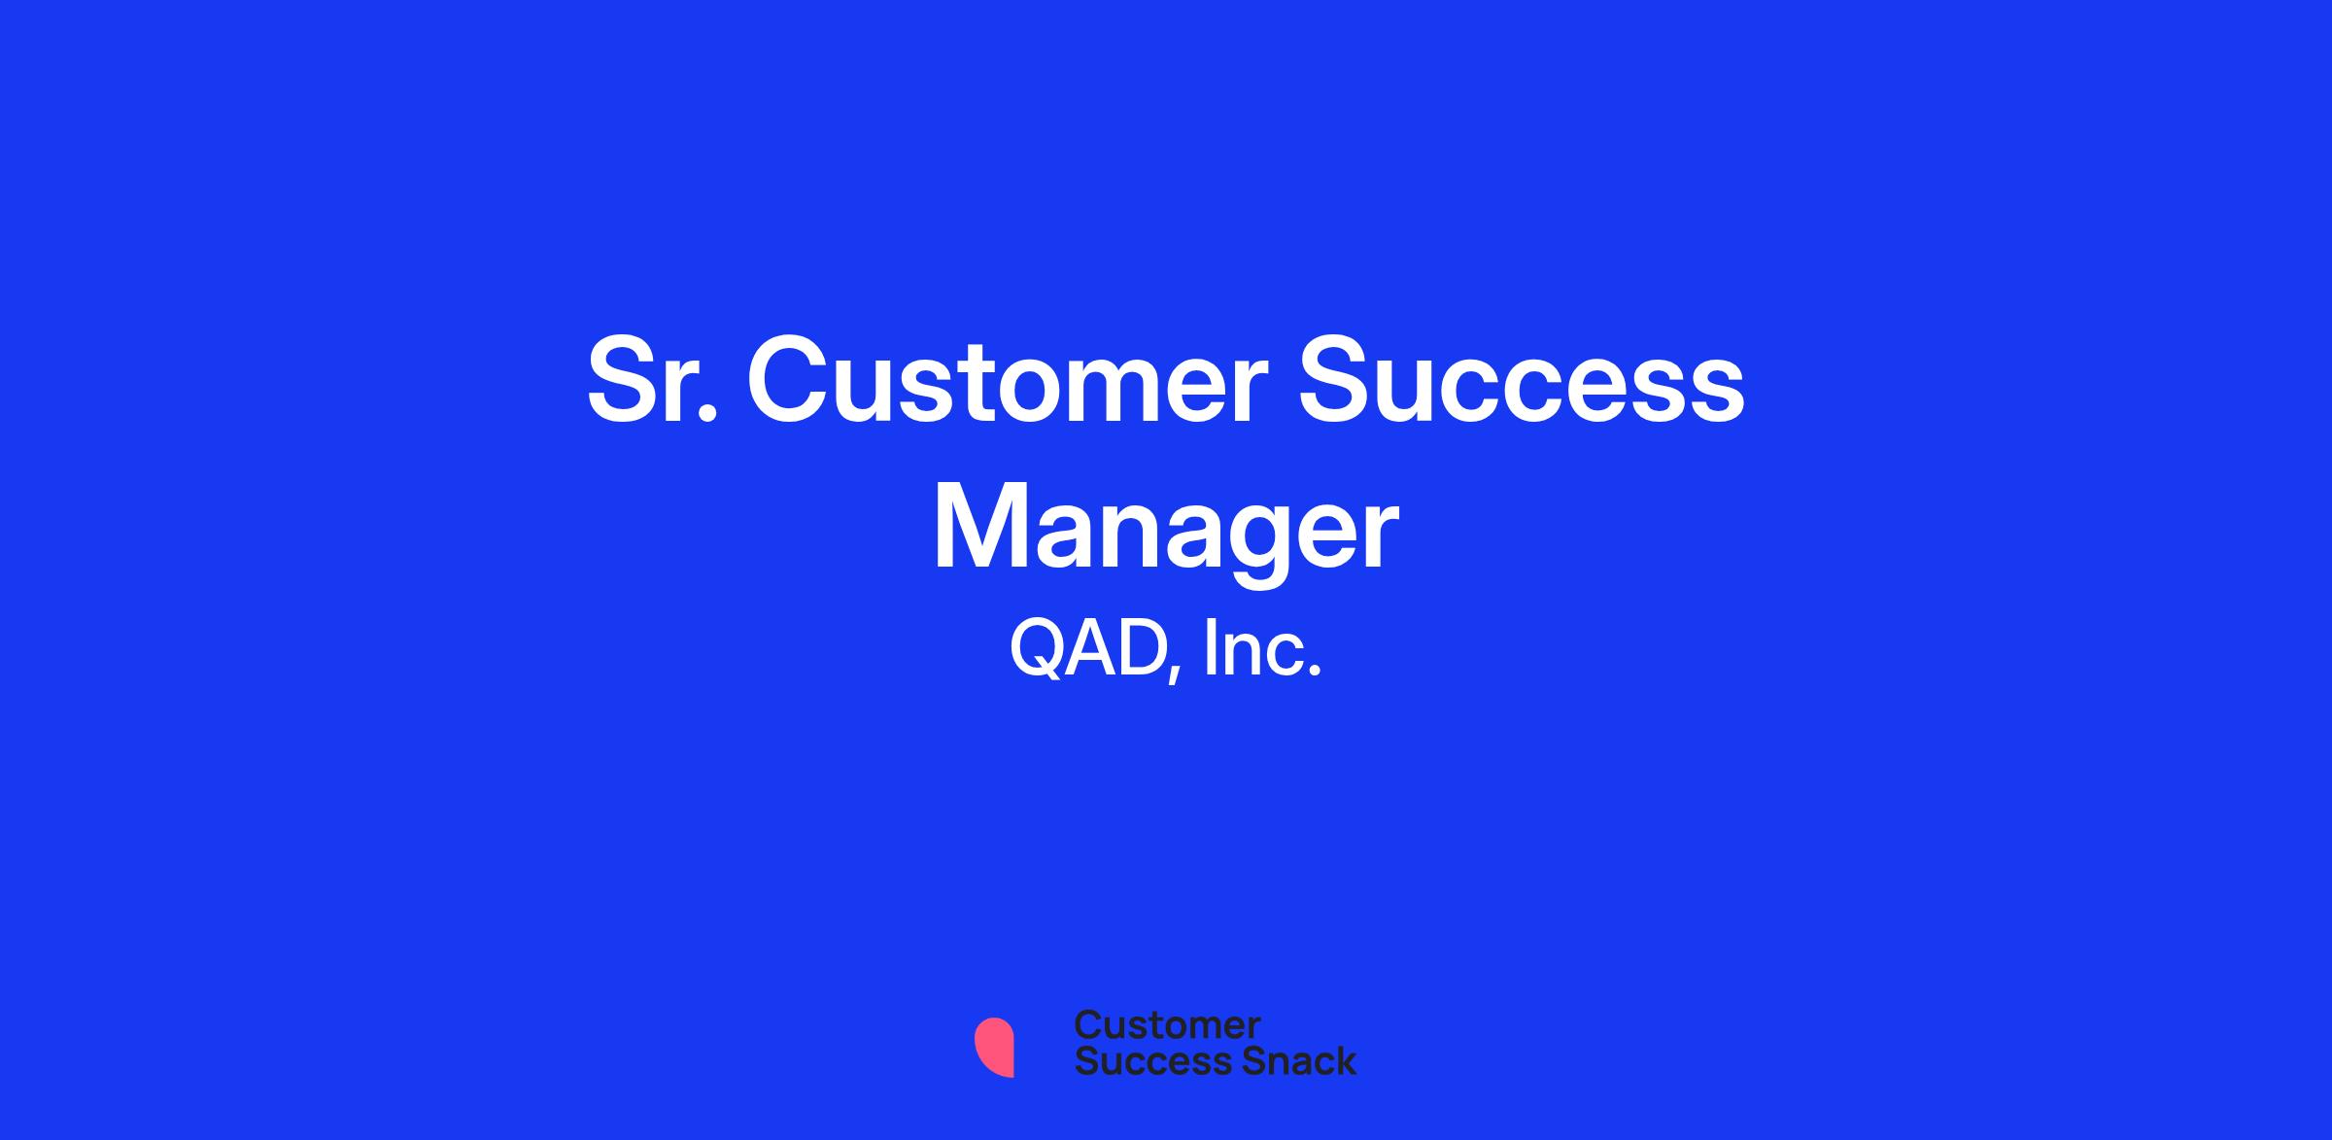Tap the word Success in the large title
1523,380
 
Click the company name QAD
1087,648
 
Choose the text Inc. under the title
1262,648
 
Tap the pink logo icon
994,1047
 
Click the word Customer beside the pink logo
1167,1025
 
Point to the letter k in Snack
1345,1060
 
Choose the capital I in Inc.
1210,648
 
